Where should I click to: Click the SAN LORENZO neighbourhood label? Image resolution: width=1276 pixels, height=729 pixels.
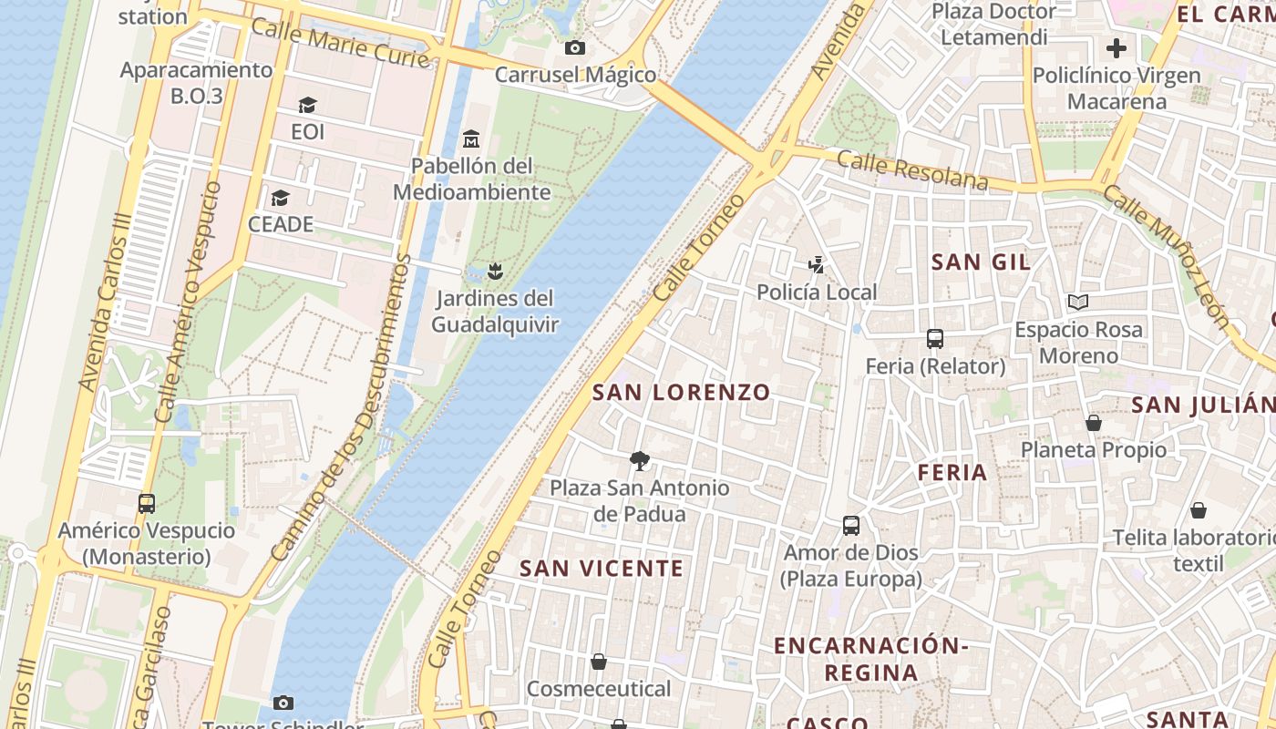(x=682, y=393)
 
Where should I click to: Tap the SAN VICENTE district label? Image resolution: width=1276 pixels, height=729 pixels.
(x=602, y=569)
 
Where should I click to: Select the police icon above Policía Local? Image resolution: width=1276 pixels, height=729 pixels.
(x=817, y=265)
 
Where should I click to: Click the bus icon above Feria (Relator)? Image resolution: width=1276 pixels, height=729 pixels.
(x=934, y=339)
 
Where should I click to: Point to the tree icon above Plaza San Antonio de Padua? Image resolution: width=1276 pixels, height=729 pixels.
(x=640, y=461)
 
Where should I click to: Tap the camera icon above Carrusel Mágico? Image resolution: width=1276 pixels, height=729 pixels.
(x=574, y=47)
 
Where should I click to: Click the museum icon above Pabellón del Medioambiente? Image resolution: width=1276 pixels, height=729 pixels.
(x=471, y=139)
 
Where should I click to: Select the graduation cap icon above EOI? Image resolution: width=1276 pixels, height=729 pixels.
(x=307, y=106)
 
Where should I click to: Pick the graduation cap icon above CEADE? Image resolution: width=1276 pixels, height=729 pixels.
(x=280, y=198)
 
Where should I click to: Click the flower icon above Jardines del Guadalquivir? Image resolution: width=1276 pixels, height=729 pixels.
(x=495, y=271)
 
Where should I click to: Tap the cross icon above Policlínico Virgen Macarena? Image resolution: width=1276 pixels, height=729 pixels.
(x=1116, y=48)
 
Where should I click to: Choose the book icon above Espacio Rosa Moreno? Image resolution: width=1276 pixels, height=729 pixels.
(x=1078, y=302)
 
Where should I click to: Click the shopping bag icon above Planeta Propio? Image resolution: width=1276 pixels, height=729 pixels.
(x=1093, y=423)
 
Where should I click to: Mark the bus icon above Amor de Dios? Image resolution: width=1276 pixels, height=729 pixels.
(x=850, y=526)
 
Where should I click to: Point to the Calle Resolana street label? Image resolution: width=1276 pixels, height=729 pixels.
(x=911, y=171)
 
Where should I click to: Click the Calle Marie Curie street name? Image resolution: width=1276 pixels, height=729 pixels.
(x=339, y=42)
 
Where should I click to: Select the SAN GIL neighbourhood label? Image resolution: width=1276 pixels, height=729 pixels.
(x=981, y=262)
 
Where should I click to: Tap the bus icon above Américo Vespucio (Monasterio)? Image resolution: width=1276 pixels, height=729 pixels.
(x=146, y=503)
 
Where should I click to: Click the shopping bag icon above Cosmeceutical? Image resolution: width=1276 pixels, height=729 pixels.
(x=599, y=662)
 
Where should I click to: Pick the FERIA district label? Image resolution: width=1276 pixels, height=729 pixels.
(x=952, y=472)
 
